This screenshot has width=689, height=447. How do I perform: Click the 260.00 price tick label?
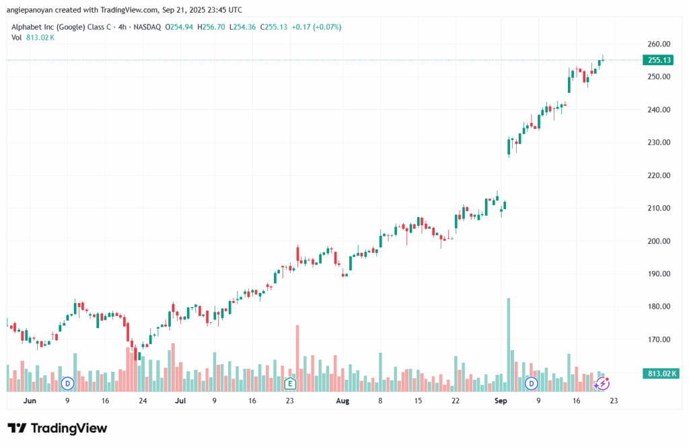[x=659, y=44]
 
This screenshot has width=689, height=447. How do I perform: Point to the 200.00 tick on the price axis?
[x=659, y=241]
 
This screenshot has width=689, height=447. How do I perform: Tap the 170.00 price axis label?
[x=659, y=339]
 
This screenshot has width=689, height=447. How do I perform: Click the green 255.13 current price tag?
[x=659, y=60]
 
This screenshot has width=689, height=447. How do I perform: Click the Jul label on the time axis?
[x=180, y=401]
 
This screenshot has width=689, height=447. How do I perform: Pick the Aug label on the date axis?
[x=342, y=401]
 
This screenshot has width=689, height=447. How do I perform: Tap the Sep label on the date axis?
[x=501, y=401]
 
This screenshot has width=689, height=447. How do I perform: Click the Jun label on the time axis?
[x=29, y=401]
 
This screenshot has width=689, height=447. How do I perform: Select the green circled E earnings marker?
[x=290, y=383]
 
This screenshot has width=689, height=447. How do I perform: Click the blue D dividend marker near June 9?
[x=67, y=383]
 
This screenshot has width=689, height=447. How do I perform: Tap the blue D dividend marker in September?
[x=532, y=383]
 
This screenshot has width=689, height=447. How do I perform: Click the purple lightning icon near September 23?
[x=604, y=383]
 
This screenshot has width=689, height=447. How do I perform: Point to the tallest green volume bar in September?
[x=509, y=343]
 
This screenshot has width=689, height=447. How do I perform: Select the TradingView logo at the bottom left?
[x=57, y=428]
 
